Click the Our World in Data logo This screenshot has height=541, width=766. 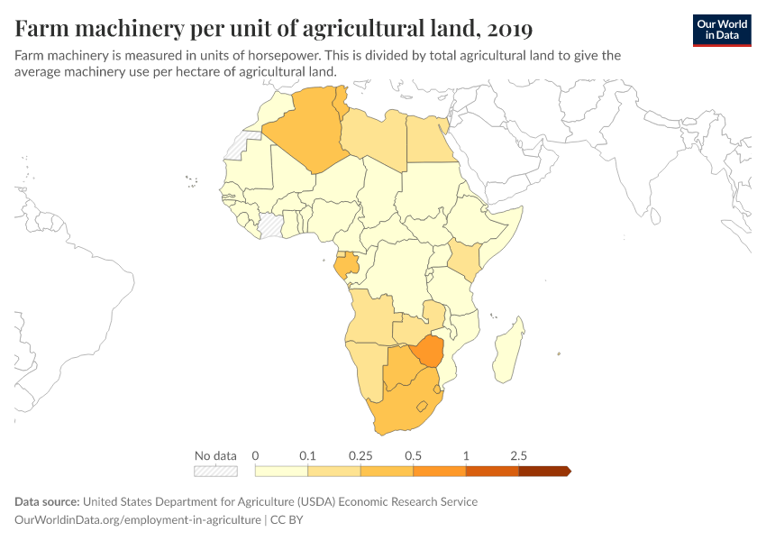pyautogui.click(x=721, y=30)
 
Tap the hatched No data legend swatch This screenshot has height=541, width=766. pyautogui.click(x=215, y=470)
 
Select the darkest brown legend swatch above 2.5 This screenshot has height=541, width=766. pyautogui.click(x=543, y=470)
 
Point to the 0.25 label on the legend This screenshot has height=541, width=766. pyautogui.click(x=360, y=455)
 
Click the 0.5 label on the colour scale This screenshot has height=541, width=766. pyautogui.click(x=413, y=455)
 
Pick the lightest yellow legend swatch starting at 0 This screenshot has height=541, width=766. pyautogui.click(x=281, y=470)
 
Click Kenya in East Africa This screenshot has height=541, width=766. pyautogui.click(x=464, y=259)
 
